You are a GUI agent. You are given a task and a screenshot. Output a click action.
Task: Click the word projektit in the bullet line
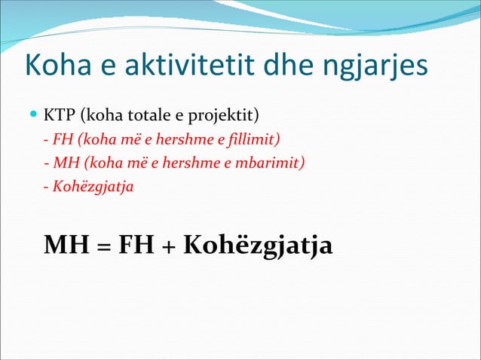(x=227, y=117)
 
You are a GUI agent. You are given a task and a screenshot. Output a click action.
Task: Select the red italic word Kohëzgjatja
(x=89, y=185)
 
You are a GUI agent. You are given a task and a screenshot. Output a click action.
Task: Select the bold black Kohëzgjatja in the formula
(x=257, y=246)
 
